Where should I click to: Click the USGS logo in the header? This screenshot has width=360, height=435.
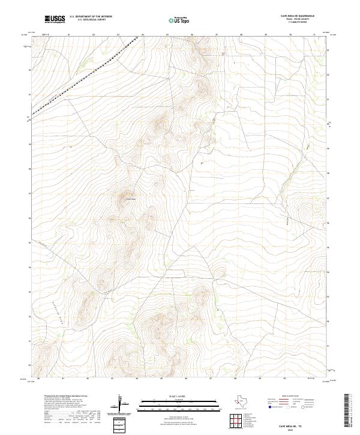[55, 19]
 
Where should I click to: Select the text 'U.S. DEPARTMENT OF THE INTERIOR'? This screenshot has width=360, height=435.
[91, 17]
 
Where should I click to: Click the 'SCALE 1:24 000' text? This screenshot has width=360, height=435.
[173, 396]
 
